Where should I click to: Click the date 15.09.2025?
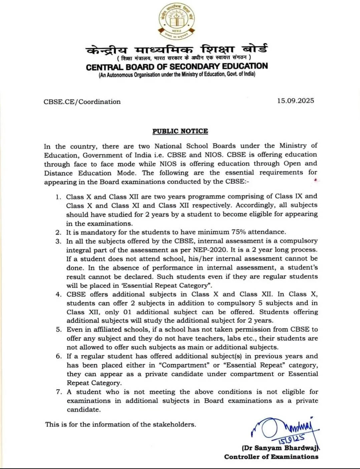295,101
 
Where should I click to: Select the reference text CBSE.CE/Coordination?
82,102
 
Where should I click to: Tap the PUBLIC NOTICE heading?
180,131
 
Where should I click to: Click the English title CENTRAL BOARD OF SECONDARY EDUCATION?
177,66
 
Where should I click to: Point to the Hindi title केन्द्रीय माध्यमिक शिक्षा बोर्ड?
177,50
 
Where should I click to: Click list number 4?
58,295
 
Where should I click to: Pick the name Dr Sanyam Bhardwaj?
280,448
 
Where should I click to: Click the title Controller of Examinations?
271,457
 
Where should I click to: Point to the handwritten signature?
284,429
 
